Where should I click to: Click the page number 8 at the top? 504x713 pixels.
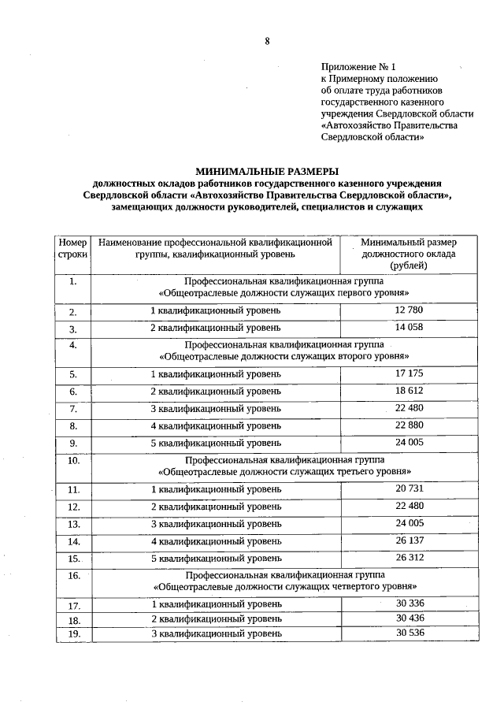(266, 42)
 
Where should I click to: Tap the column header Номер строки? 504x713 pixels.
(72, 248)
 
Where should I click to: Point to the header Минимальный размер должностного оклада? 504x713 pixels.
(409, 254)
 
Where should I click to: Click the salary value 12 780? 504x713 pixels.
(409, 310)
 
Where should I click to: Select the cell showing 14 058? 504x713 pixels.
(409, 328)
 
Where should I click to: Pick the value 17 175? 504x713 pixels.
(409, 373)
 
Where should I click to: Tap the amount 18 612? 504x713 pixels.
(409, 391)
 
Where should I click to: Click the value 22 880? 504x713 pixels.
(409, 425)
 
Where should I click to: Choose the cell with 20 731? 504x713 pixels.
(409, 489)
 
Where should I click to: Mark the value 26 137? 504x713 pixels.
(409, 541)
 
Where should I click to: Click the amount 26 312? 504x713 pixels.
(409, 559)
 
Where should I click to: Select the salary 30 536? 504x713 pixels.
(409, 633)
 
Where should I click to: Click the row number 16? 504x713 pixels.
(73, 577)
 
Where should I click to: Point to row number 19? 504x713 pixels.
(73, 633)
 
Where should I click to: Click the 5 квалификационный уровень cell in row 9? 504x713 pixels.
(215, 443)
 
